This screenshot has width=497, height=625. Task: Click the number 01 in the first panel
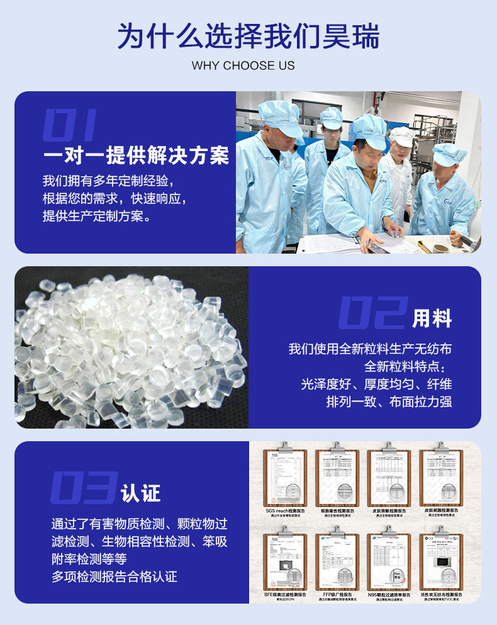[x=69, y=124]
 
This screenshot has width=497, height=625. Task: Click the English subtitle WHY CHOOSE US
[x=243, y=65]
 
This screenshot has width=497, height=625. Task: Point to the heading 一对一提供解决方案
[x=136, y=155]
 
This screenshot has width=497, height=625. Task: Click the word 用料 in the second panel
[x=432, y=318]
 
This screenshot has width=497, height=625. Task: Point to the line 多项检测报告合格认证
[x=114, y=576]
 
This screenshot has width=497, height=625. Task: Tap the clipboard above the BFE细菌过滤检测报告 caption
[x=285, y=560]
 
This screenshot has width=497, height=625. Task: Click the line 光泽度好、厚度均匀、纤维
[x=376, y=384]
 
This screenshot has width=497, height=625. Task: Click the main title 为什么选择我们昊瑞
[x=248, y=37]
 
